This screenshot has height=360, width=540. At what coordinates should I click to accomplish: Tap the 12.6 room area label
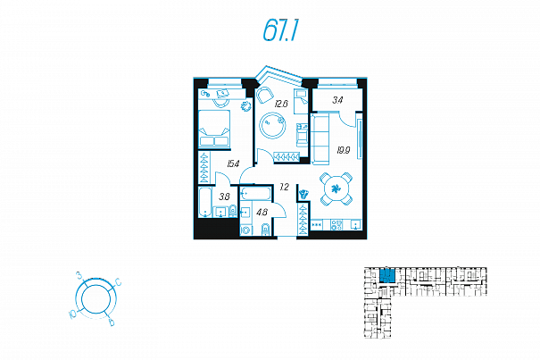coord(281,105)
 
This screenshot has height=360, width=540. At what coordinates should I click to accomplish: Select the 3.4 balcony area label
coord(337,100)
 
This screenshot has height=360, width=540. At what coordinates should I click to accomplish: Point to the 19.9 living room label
coord(343,150)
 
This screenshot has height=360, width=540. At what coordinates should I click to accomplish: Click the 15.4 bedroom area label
coord(233,163)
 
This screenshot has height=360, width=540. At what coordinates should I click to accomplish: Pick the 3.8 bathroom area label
coord(225,196)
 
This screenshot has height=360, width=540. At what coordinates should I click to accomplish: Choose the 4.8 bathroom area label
coord(262,212)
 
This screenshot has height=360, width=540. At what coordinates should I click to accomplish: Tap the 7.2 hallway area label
coord(284,187)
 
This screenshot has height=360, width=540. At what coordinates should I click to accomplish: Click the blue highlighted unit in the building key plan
coord(387,276)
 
